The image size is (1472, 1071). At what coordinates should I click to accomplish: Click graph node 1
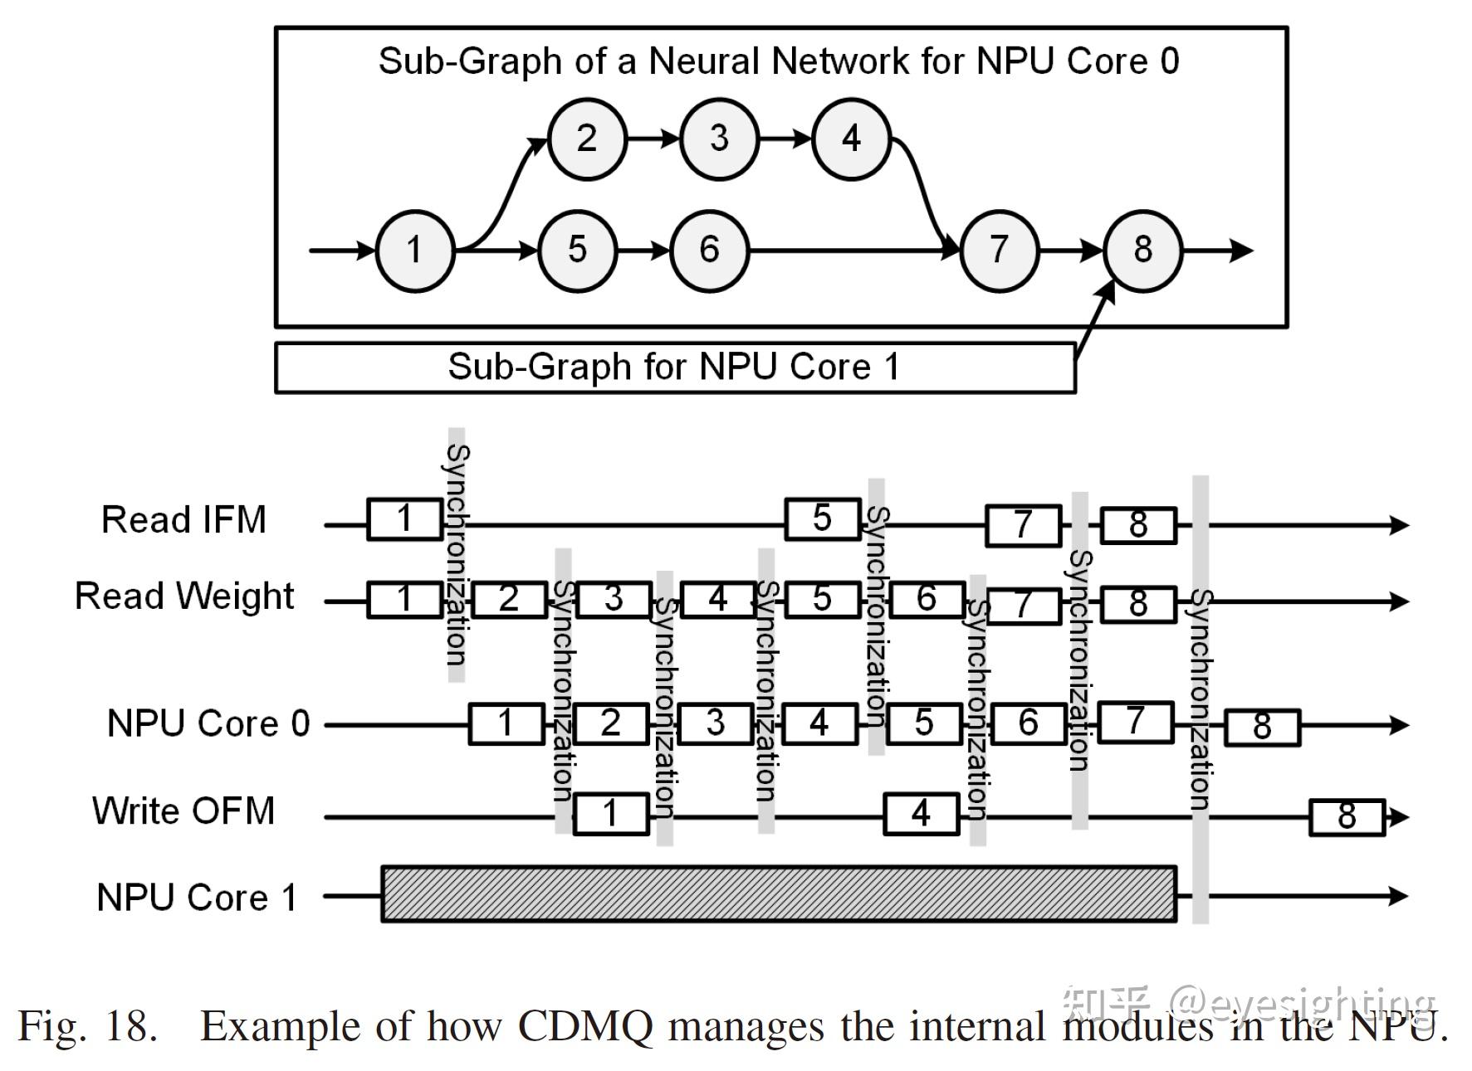click(415, 251)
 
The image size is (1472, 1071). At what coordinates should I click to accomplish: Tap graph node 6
click(709, 251)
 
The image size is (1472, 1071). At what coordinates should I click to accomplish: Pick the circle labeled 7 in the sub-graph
click(1000, 251)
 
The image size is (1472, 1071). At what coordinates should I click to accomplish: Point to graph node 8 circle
click(1143, 251)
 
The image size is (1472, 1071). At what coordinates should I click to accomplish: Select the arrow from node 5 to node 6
click(643, 251)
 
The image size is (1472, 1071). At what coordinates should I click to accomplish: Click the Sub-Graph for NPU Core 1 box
click(675, 368)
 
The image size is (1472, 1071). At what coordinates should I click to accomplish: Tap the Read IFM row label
click(183, 520)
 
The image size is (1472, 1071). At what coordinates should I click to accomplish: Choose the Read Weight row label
click(184, 596)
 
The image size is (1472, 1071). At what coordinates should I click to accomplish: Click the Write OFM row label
click(183, 811)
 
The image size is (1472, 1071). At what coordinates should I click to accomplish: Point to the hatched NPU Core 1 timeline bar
click(779, 894)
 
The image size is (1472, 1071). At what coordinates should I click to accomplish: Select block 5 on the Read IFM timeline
click(823, 519)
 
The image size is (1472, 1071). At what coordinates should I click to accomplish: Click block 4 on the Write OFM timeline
click(922, 814)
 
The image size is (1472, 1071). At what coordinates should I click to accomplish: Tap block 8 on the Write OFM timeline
click(1347, 817)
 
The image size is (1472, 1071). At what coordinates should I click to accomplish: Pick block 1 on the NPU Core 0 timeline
click(506, 723)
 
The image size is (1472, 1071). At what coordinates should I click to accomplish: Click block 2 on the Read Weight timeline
click(510, 599)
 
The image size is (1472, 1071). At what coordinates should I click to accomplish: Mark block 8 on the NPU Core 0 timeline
click(1262, 728)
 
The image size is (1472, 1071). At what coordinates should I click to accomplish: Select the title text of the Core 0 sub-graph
click(779, 61)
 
